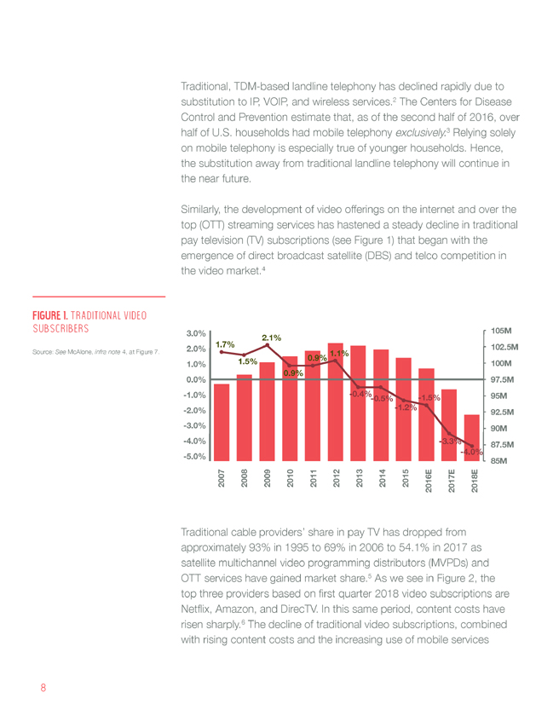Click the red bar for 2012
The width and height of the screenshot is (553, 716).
pos(335,401)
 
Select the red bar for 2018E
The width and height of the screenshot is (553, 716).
pos(472,437)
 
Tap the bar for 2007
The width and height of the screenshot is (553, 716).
pos(222,423)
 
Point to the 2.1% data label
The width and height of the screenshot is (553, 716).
pos(271,338)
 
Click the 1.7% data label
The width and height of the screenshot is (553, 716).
pos(225,344)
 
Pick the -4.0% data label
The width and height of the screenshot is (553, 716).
pos(471,452)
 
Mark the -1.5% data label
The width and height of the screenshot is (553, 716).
pos(429,398)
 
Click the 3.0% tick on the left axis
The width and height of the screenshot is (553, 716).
pos(196,333)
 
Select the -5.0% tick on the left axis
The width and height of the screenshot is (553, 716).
pos(194,457)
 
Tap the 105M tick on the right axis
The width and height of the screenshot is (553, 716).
pos(501,331)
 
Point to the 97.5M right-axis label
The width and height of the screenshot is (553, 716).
pos(503,379)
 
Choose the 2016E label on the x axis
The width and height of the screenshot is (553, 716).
pos(429,481)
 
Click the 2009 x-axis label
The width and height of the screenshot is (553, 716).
pos(268,478)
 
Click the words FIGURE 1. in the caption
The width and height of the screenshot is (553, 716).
pos(50,315)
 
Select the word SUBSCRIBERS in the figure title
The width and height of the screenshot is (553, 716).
pos(60,328)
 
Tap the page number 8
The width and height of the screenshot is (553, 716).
pos(43,688)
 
